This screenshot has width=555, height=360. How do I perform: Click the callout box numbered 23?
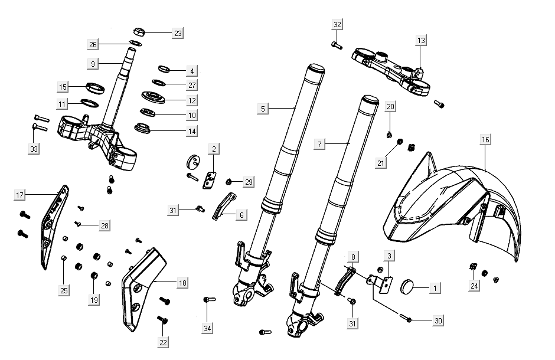click(x=178, y=34)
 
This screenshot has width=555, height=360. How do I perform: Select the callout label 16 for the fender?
click(x=485, y=140)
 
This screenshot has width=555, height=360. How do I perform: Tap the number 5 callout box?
click(x=263, y=109)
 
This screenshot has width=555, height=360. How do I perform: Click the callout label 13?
click(x=420, y=41)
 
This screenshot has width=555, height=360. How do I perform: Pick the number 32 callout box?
click(x=337, y=25)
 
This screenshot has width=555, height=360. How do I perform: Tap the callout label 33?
click(x=34, y=149)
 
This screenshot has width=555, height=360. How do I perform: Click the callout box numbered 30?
click(x=438, y=320)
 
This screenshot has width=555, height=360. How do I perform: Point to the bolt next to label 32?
click(x=336, y=44)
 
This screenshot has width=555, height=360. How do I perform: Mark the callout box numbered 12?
click(x=192, y=100)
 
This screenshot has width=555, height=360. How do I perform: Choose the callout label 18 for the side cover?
click(x=182, y=283)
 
